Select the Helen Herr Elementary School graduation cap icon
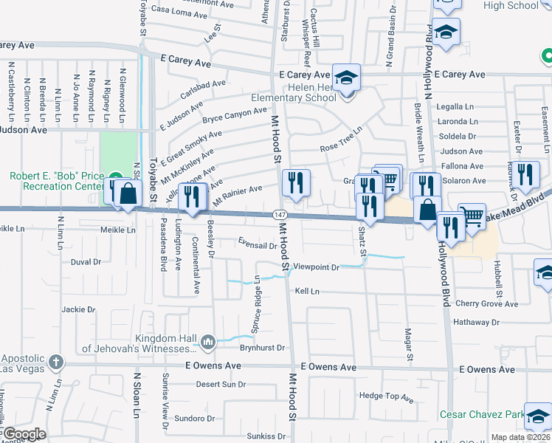[x=345, y=77]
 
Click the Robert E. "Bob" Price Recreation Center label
[x=56, y=181]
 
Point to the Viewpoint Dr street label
[x=315, y=267]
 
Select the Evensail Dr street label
[x=257, y=244]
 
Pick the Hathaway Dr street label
[x=477, y=322]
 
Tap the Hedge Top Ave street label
[x=386, y=396]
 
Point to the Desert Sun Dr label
[x=221, y=384]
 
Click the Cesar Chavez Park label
[x=491, y=414]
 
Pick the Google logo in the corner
[x=24, y=434]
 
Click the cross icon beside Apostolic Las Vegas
[x=55, y=363]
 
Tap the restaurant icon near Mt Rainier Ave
[x=296, y=182]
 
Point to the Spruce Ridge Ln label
[x=258, y=294]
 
